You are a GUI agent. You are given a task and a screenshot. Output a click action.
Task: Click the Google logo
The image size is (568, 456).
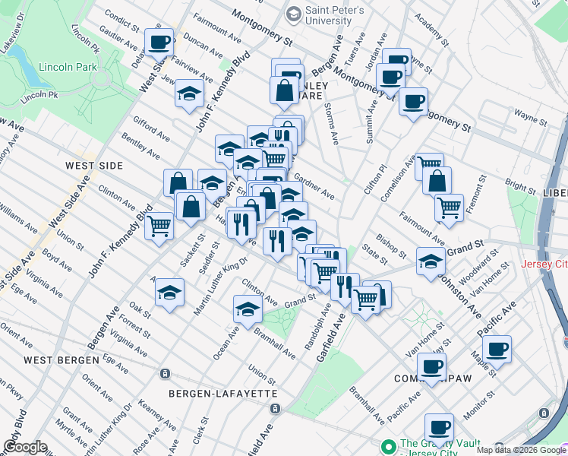click(x=24, y=448)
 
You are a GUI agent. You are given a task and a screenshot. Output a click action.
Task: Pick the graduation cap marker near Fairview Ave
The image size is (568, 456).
click(x=189, y=93)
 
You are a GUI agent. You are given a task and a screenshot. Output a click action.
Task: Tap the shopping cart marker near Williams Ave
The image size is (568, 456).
click(x=159, y=225)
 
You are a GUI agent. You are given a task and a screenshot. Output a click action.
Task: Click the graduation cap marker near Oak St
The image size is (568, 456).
click(x=169, y=292)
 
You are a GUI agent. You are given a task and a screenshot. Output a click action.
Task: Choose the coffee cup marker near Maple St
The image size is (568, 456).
click(x=497, y=349)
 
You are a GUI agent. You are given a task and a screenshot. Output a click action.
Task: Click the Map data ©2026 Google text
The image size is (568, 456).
click(x=521, y=450)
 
